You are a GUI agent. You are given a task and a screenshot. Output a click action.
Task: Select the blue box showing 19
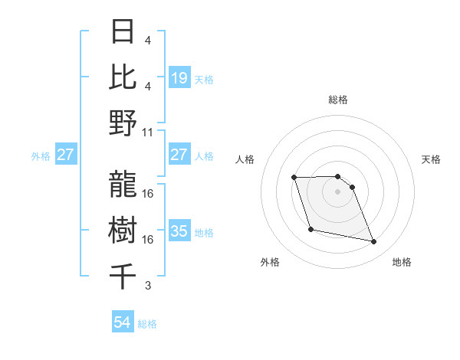(179, 77)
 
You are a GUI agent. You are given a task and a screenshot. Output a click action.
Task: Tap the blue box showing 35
(179, 231)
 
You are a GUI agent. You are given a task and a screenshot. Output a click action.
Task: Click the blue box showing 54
(123, 322)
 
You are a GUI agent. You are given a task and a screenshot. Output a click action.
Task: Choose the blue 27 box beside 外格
(65, 155)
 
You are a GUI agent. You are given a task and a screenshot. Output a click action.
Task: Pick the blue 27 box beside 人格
(179, 155)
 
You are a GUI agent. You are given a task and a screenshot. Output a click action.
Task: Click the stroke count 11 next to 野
(148, 132)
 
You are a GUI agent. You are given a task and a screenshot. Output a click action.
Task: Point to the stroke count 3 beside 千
(148, 286)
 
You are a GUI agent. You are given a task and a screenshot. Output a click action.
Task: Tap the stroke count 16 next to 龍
(148, 193)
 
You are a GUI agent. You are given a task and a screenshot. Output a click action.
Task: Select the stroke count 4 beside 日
(148, 40)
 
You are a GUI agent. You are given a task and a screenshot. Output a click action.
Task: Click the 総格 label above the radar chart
(337, 100)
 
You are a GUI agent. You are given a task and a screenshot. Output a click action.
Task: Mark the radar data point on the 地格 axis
(374, 242)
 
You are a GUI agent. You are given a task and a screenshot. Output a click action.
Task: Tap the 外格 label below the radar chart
(271, 262)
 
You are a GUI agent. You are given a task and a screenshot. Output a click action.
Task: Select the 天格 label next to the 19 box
(204, 79)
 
